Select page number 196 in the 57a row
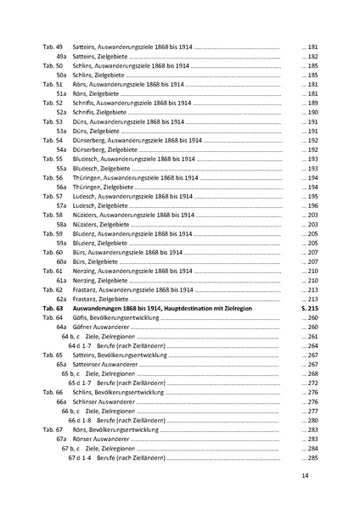pyautogui.click(x=312, y=205)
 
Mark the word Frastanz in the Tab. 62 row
pyautogui.click(x=93, y=289)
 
